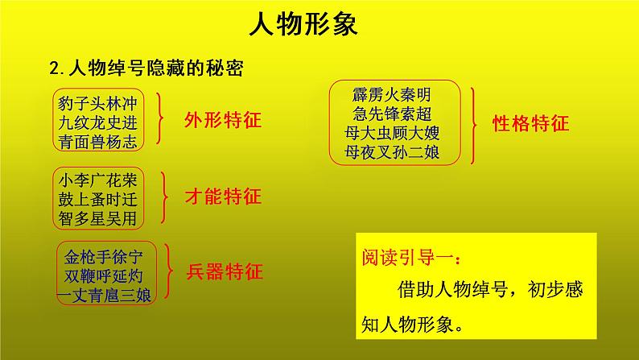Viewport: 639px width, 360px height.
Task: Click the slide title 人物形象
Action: [302, 27]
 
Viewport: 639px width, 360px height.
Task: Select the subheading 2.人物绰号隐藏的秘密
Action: [146, 67]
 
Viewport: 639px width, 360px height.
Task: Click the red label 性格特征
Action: [531, 123]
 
